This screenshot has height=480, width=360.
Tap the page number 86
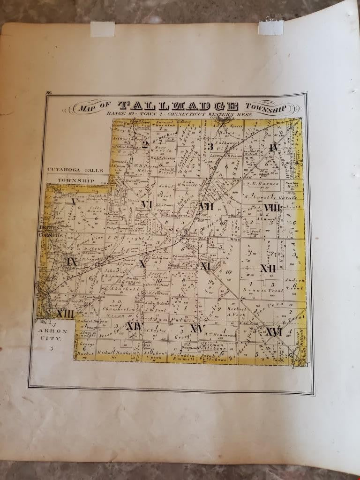pos(49,94)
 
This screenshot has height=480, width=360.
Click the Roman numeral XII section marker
pos(268,268)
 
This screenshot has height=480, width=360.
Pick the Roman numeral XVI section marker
pos(273,332)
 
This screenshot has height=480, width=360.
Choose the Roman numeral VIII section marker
pos(272,207)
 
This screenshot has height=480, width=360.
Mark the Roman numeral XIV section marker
pos(134,325)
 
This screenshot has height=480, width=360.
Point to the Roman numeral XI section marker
pos(205,266)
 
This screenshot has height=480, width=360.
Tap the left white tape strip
pos(103,29)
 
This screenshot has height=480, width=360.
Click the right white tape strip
pos(270,27)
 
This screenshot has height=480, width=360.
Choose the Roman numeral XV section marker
pos(197,329)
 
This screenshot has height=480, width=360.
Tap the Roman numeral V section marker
pos(74,202)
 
